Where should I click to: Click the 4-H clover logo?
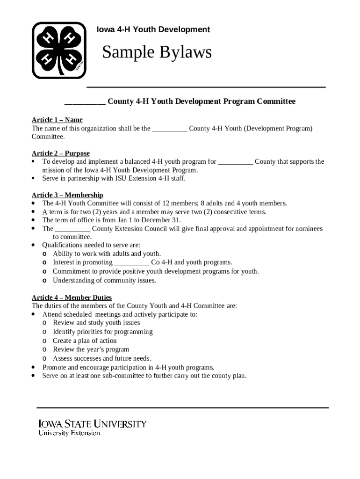click(x=59, y=50)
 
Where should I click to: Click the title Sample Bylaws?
click(x=157, y=52)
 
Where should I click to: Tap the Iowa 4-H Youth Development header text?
click(x=153, y=29)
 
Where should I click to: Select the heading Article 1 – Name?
click(x=57, y=120)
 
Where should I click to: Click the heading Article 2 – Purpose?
click(x=61, y=153)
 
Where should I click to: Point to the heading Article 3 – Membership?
click(x=67, y=195)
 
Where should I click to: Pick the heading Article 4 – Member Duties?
click(x=72, y=298)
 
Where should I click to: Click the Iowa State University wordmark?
click(x=93, y=424)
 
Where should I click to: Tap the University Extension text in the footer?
click(x=69, y=433)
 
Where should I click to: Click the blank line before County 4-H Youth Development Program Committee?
click(x=85, y=102)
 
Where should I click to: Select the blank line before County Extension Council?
click(x=72, y=229)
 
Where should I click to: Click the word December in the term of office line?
click(x=165, y=220)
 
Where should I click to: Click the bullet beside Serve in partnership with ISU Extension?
click(x=33, y=178)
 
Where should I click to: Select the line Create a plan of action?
click(x=85, y=341)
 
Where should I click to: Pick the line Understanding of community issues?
click(x=104, y=280)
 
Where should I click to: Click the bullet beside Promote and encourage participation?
click(x=33, y=367)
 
